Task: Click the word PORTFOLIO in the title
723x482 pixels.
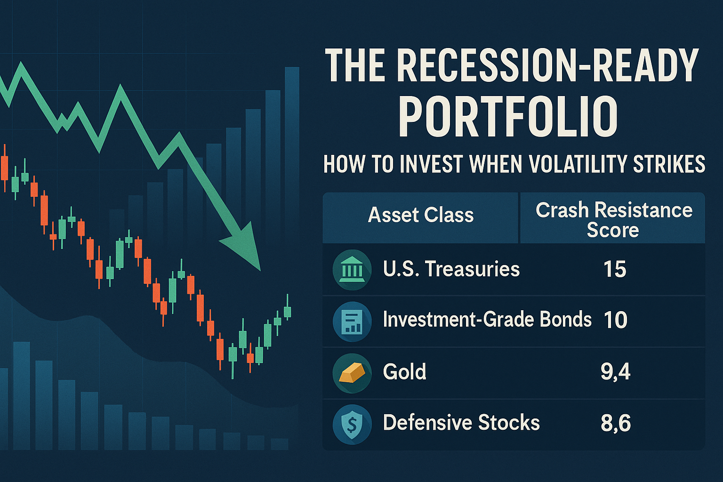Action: [x=508, y=117]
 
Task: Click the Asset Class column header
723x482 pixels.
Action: [x=420, y=215]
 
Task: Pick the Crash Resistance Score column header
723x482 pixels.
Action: [x=613, y=220]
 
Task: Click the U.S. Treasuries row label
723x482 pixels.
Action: [x=451, y=269]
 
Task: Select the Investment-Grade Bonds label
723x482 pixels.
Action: [x=487, y=320]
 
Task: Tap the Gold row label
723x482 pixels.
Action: [x=404, y=372]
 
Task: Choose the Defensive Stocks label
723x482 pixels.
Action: [x=461, y=423]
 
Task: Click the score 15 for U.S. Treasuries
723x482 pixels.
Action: [x=615, y=270]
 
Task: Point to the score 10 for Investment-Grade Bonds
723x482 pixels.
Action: [x=615, y=320]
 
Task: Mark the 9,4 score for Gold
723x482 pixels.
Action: [x=615, y=372]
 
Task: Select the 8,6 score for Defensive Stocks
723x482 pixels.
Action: [x=615, y=423]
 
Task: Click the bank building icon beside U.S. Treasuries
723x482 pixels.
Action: [x=352, y=270]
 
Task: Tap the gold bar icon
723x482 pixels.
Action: [x=352, y=373]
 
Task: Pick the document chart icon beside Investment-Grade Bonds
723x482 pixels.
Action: [x=352, y=321]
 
